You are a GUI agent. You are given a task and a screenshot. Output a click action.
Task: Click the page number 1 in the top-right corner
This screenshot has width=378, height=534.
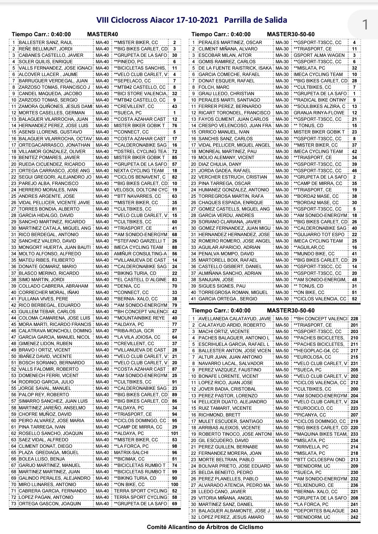(365, 24)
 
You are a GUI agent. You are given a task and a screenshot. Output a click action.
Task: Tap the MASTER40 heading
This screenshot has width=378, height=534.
(102, 34)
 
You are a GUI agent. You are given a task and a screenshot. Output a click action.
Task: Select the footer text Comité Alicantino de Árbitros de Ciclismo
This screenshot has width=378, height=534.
(205, 527)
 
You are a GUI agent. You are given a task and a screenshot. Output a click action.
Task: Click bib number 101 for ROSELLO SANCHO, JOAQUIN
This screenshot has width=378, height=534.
(174, 434)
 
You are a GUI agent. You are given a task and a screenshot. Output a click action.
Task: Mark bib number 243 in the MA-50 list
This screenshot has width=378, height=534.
(354, 511)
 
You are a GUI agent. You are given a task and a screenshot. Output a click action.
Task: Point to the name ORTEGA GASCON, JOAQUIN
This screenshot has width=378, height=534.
(50, 504)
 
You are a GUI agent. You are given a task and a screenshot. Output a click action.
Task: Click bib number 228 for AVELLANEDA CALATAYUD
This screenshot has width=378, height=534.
(354, 319)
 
